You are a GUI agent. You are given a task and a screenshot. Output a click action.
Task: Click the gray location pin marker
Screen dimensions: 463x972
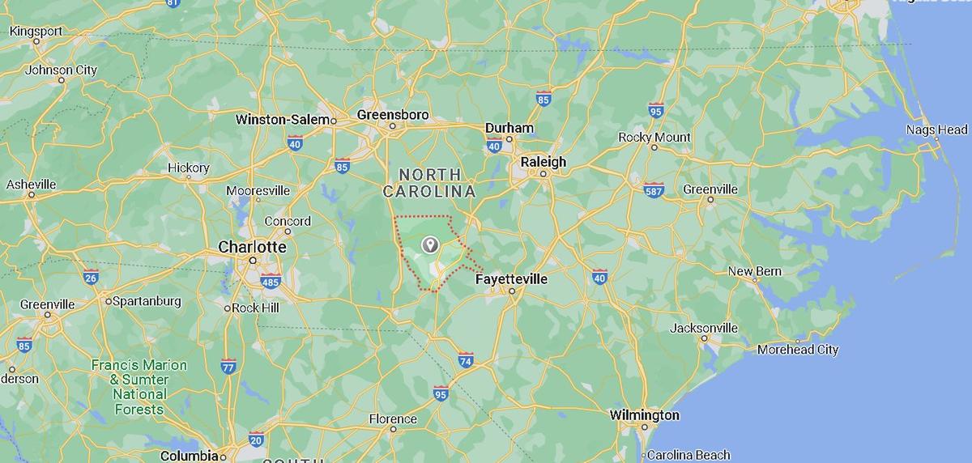tap(430, 244)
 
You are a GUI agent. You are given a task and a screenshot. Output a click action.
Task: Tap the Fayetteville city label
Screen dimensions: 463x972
tap(511, 279)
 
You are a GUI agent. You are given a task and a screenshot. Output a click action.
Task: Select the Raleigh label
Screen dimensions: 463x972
tap(544, 162)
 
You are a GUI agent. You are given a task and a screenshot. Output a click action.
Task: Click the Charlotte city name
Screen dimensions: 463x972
tap(252, 247)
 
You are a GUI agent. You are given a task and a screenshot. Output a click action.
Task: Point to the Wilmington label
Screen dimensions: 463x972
tap(645, 415)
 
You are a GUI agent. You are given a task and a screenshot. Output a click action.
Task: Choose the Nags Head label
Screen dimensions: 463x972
tap(936, 130)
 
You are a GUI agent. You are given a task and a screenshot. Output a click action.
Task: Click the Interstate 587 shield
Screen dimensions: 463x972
tap(654, 190)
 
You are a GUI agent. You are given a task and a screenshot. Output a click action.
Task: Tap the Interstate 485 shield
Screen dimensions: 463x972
tap(271, 282)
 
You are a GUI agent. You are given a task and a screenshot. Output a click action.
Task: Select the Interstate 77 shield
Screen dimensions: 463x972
tap(228, 366)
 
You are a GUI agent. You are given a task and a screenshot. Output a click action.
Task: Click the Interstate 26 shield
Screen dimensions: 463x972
tap(91, 278)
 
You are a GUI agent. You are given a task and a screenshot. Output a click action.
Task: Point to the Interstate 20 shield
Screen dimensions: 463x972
tap(256, 440)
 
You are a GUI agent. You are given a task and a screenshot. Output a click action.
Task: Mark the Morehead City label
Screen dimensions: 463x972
tap(797, 350)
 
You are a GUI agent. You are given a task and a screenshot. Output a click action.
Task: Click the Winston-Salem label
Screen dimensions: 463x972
tap(283, 120)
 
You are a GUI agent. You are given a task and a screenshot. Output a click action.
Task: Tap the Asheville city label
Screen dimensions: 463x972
tap(31, 185)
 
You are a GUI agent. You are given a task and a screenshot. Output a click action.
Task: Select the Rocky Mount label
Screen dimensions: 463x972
tap(654, 138)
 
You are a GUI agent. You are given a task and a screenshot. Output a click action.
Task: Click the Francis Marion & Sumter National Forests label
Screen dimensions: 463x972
tap(139, 387)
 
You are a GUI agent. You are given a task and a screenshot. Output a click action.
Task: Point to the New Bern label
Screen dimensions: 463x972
tap(754, 271)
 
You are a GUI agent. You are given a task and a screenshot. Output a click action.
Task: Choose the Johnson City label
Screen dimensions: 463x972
tap(61, 70)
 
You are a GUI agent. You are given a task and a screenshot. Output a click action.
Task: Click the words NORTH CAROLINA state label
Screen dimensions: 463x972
tap(429, 183)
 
